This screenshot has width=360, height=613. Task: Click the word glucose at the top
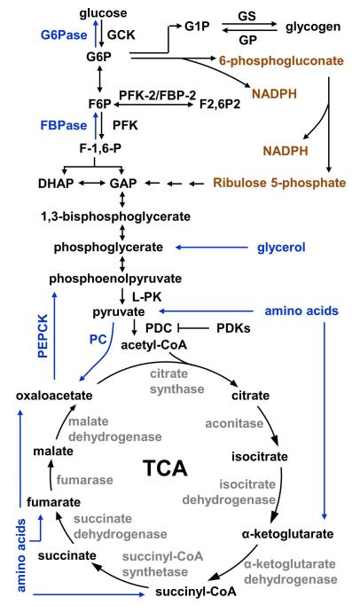pos(103,13)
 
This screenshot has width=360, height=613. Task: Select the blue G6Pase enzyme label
pos(64,35)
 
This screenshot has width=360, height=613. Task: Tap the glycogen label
pos(313,28)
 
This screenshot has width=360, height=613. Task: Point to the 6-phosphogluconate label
pos(281,61)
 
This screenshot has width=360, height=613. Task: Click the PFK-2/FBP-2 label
pos(158,95)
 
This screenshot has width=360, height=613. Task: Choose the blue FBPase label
pos(64,125)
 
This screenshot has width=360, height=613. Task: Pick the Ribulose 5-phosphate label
pos(279,183)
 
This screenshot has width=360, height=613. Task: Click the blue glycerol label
pos(281,248)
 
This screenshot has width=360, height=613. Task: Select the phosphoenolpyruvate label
pos(115,279)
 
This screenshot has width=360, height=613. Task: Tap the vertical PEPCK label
pos(43,336)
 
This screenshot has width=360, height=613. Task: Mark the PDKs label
pos(233,328)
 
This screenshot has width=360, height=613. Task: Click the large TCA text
pos(165,468)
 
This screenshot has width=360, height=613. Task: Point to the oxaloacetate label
pos(54,396)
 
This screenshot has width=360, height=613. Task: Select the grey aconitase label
pos(234,423)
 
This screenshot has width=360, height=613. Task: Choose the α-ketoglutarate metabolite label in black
pos(287,534)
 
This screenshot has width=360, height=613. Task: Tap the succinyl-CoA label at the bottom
pos(196,592)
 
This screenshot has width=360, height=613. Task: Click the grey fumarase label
pos(85,480)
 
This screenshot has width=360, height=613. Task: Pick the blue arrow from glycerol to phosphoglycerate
pos(211,248)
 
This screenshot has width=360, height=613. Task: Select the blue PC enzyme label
pos(98,340)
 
